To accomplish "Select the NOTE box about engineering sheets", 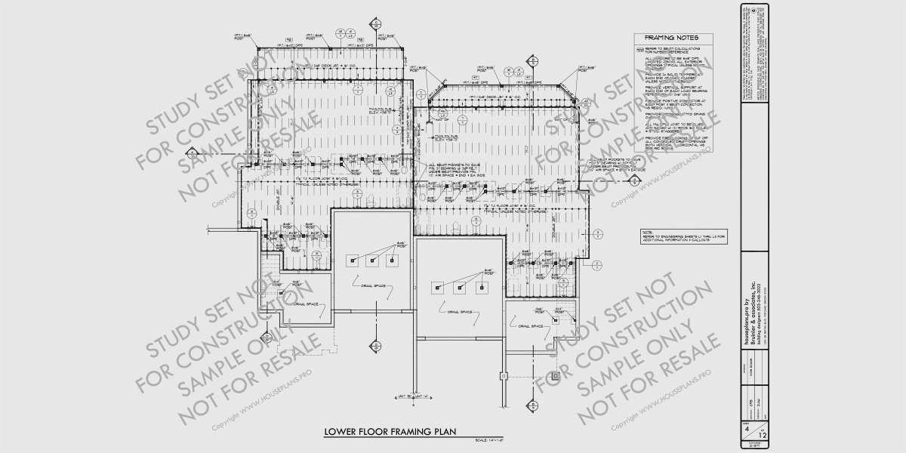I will pyautogui.click(x=682, y=236).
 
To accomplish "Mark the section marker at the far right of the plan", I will pyautogui.click(x=597, y=263).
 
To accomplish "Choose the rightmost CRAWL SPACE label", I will pyautogui.click(x=533, y=326).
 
